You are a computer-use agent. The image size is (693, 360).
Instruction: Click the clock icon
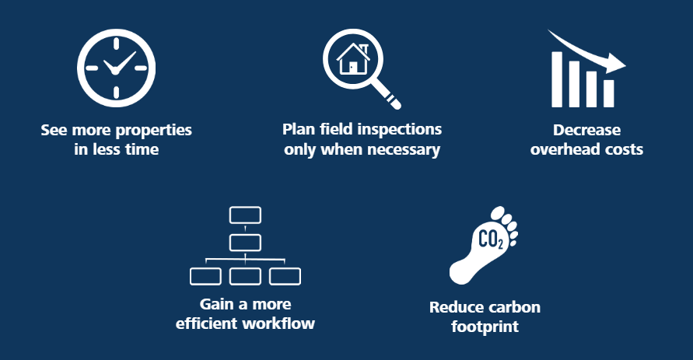(x=116, y=68)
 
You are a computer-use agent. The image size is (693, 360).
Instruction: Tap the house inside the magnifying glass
(x=353, y=59)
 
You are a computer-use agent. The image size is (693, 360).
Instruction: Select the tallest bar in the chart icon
(x=557, y=79)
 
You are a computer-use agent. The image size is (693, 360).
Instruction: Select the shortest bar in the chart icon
(x=609, y=93)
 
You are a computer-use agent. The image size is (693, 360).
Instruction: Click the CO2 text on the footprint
(x=491, y=239)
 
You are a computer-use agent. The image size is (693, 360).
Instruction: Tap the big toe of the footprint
(x=499, y=211)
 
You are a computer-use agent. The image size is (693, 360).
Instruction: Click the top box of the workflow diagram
(x=245, y=215)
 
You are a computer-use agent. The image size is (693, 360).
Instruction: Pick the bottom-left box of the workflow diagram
(x=205, y=277)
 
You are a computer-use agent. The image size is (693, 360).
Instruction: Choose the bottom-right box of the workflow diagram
(x=285, y=277)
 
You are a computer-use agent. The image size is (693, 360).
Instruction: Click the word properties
(x=154, y=131)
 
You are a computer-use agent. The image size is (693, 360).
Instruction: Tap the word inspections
(x=399, y=130)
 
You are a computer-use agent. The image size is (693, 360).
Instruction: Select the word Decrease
(x=587, y=130)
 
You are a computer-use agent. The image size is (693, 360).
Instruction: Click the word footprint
(x=485, y=327)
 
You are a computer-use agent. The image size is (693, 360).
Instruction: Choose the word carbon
(x=513, y=307)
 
